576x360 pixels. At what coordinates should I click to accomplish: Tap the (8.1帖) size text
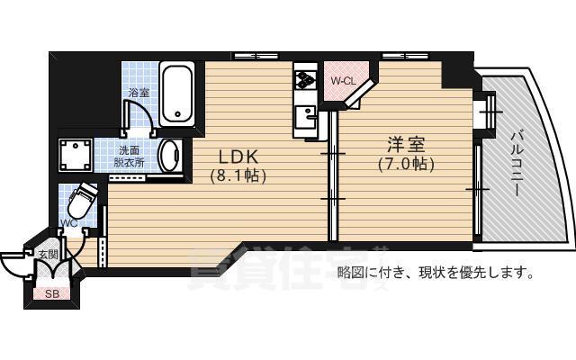click(238, 175)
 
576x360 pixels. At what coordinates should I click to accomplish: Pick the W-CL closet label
click(343, 81)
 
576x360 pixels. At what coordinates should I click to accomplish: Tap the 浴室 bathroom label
click(139, 92)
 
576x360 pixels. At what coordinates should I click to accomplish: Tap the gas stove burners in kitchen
click(304, 82)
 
